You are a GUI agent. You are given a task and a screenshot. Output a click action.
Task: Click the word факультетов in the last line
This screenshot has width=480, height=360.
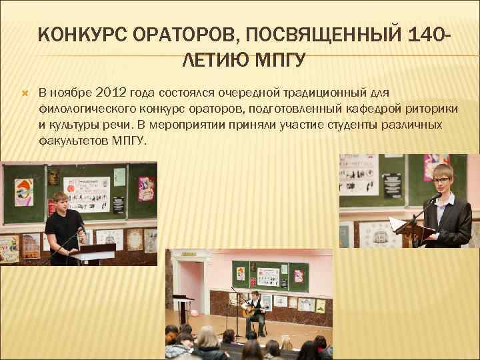pyautogui.click(x=71, y=141)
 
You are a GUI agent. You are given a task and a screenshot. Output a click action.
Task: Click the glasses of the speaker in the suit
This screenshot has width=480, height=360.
pyautogui.click(x=441, y=180)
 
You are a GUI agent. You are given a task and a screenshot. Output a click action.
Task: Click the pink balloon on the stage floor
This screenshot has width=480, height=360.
pyautogui.click(x=195, y=312)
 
